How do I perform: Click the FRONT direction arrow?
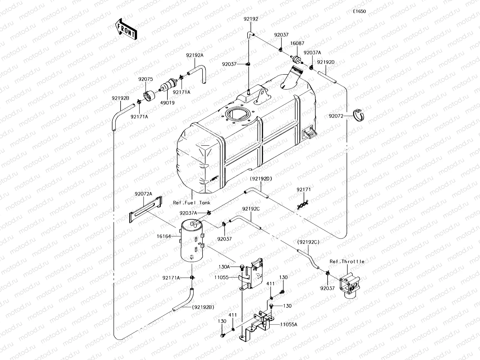coord(126,29)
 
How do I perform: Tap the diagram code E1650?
coord(359,11)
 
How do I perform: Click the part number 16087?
coord(297,43)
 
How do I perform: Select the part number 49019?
coord(167,103)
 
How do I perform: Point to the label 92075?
coord(145,79)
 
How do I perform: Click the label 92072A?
coord(143,194)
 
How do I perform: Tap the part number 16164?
coord(164,236)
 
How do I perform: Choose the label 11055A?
coord(289,325)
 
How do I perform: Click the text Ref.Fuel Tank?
coord(192,203)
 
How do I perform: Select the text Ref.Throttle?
coord(347,262)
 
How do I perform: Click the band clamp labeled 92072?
coord(358,115)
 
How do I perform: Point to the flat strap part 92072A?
coord(145,209)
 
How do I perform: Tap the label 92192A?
coord(195,55)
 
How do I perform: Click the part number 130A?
coord(224,267)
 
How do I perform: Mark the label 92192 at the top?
coord(251,19)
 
